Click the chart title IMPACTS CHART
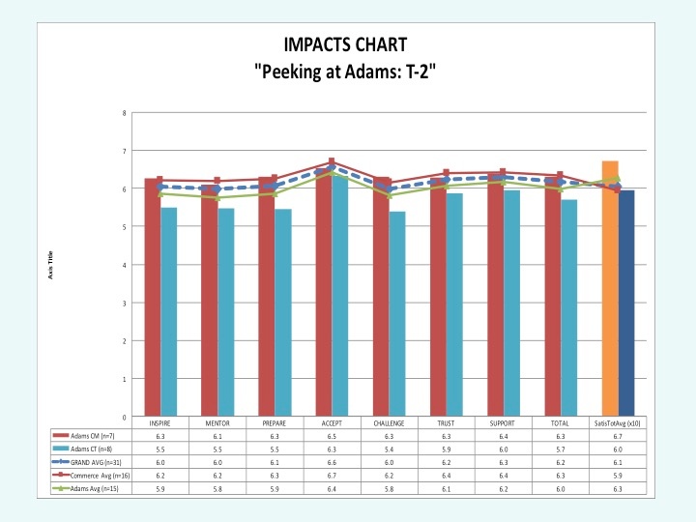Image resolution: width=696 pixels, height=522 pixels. [347, 44]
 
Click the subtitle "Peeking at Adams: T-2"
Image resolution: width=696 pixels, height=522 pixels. [347, 71]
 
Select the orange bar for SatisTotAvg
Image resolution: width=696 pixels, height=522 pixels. [610, 290]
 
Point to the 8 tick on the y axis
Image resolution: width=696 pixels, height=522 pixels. [124, 113]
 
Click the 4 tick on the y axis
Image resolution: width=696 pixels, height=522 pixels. [124, 265]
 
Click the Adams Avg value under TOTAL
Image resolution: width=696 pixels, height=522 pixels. [559, 489]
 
